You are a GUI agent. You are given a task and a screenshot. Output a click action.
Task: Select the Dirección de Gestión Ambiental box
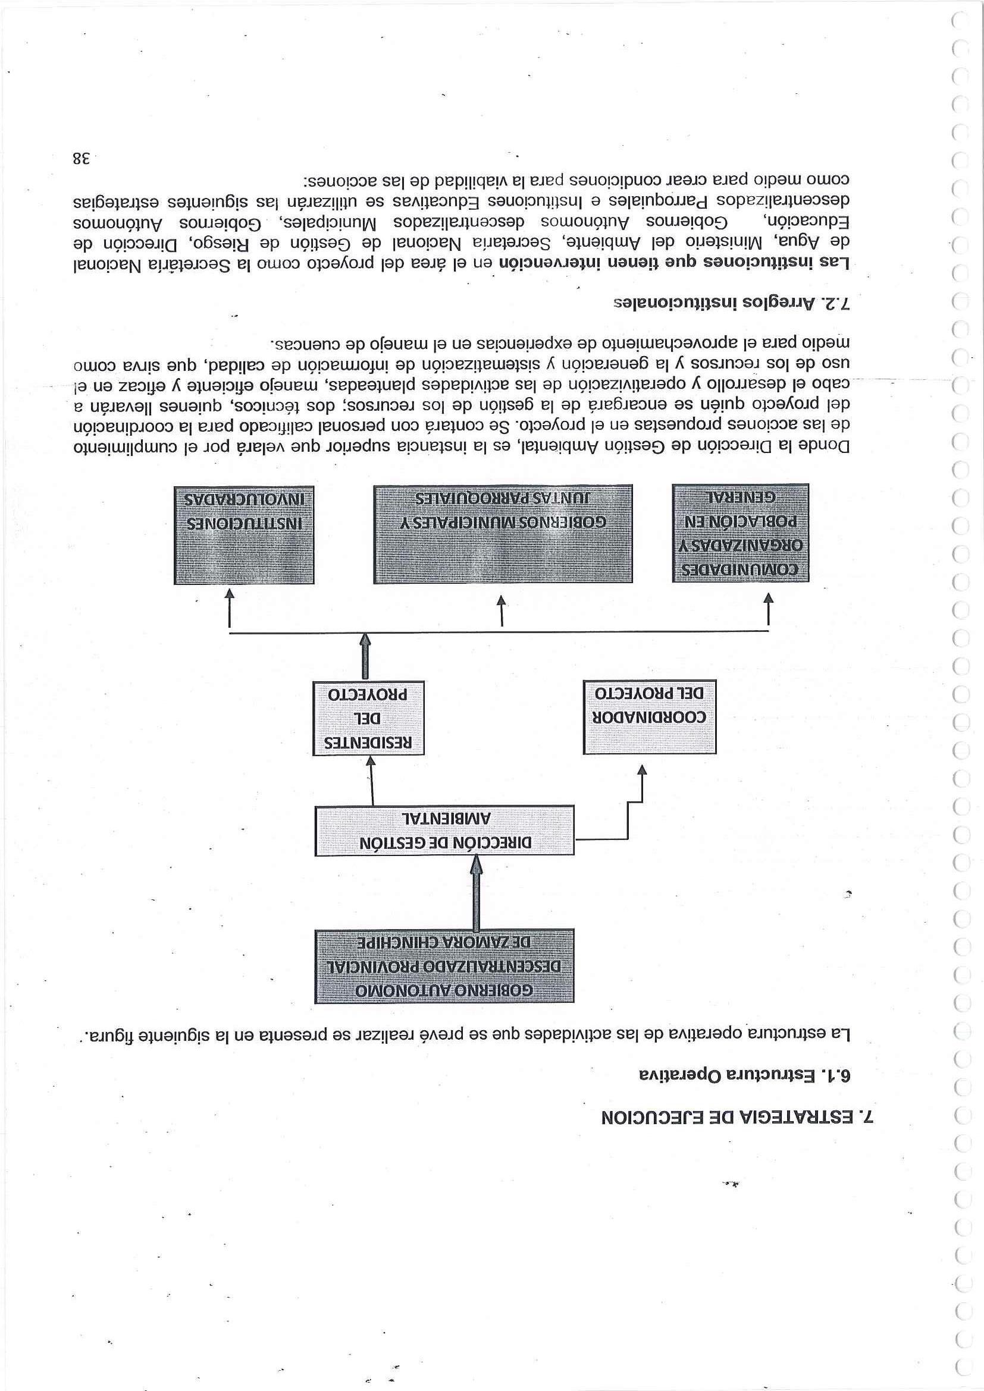pos(444,830)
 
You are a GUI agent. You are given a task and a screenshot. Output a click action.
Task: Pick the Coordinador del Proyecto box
pos(649,717)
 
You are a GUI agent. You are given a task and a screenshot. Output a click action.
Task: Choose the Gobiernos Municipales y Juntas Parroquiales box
pos(503,533)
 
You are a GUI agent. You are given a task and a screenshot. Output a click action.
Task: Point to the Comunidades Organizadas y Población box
pos(740,533)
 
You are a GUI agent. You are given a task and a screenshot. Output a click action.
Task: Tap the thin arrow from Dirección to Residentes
pos(371,781)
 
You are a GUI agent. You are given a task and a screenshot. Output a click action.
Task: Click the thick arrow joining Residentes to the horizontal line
pos(365,657)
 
